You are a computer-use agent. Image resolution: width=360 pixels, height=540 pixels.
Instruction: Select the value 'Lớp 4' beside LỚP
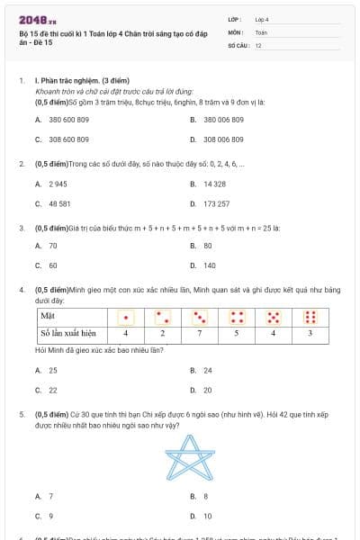pyautogui.click(x=262, y=19)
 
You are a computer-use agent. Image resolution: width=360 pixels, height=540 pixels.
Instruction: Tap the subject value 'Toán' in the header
pyautogui.click(x=261, y=31)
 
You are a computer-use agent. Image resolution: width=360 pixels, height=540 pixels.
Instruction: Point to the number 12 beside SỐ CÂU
pyautogui.click(x=258, y=44)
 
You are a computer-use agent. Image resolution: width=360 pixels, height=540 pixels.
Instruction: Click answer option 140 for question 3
pyautogui.click(x=209, y=265)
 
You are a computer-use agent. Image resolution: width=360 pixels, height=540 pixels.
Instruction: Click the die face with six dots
pyautogui.click(x=310, y=317)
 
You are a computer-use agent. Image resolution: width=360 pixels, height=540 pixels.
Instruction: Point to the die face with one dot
pyautogui.click(x=126, y=317)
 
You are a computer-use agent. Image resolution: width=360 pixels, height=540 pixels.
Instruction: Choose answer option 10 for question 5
pyautogui.click(x=207, y=516)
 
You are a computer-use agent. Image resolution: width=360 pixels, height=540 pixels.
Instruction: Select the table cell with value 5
pyautogui.click(x=237, y=333)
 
